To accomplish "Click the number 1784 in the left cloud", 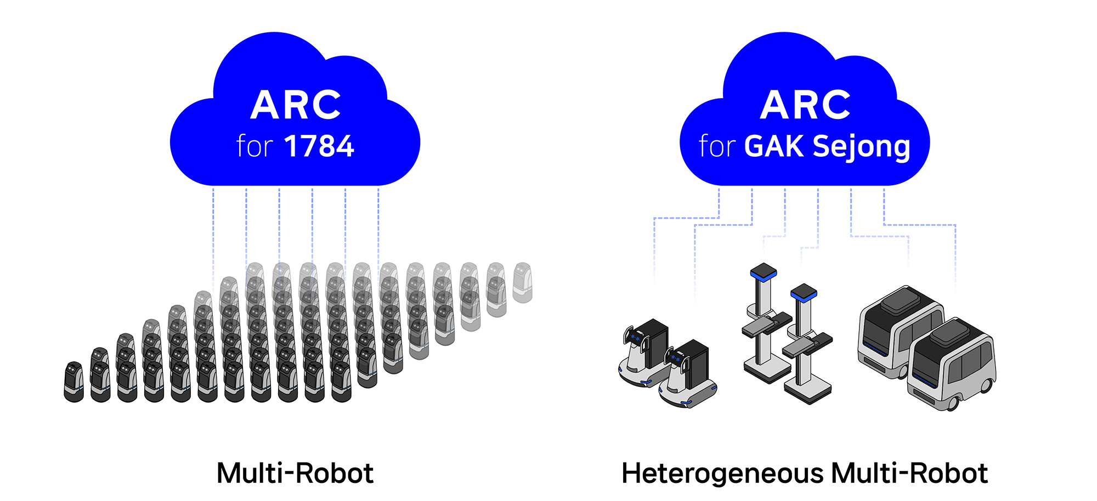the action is pos(319,146).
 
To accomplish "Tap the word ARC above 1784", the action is pos(296,105).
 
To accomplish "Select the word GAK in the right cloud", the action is pos(774,146).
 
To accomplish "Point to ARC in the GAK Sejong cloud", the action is pos(805,105).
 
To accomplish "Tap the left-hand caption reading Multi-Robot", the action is pos(295,473).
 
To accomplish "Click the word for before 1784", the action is pos(255,146).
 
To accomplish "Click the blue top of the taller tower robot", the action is pos(764,271).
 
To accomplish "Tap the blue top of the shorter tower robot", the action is pos(804,292).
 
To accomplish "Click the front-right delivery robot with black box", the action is pos(688,374).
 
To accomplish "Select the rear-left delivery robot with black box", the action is pos(645,352).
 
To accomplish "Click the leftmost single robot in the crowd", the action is pos(73,382).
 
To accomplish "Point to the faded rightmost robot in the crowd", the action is pos(522,283).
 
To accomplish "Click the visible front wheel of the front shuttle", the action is pos(953,403).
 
